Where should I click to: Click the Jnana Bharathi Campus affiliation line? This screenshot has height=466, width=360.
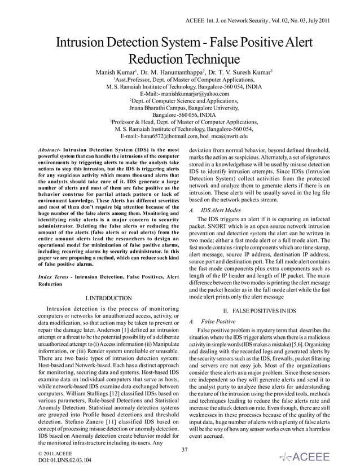tap(180, 107)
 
